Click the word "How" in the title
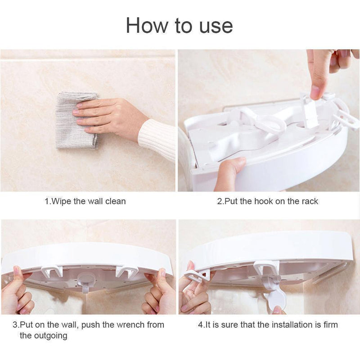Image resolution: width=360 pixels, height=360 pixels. pos(147,25)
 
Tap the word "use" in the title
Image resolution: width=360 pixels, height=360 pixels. pos(216,27)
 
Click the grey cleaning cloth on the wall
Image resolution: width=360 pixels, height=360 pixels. pos(77,120)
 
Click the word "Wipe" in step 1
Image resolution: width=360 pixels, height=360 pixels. pos(61,201)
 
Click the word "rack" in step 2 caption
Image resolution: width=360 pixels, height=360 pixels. pos(310,201)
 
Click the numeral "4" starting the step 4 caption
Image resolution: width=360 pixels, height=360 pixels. pos(200,325)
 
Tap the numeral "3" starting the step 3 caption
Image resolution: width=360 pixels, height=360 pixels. pos(15,325)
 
